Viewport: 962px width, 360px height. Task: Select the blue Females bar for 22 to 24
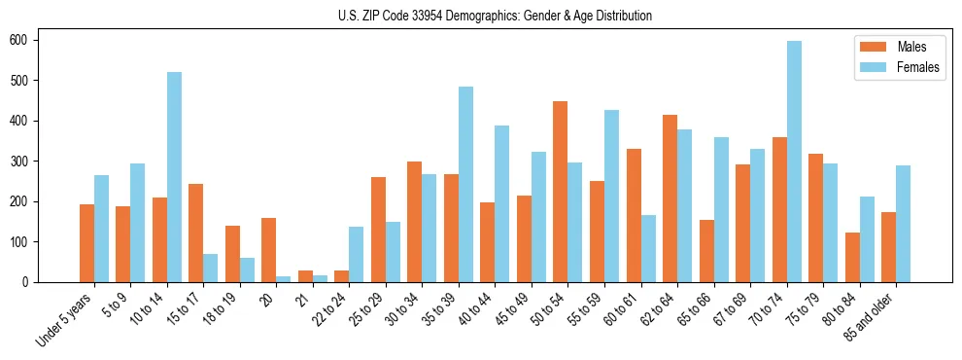pos(357,254)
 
